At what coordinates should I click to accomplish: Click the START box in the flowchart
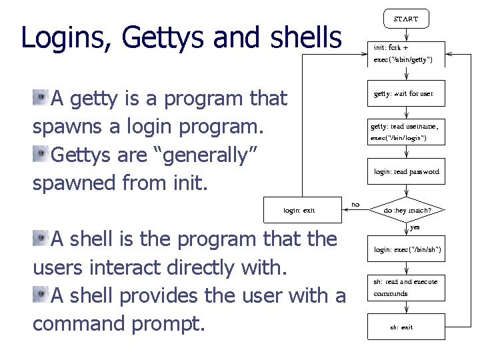click(x=406, y=19)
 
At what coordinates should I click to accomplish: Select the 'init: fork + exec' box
click(x=406, y=54)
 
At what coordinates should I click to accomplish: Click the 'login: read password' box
click(x=406, y=171)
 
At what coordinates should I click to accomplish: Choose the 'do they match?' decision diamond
click(x=407, y=211)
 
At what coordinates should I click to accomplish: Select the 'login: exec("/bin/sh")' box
click(x=406, y=249)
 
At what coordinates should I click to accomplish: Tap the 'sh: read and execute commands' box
click(x=406, y=287)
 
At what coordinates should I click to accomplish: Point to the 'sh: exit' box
click(x=406, y=327)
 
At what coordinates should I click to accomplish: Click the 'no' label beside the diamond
click(x=355, y=205)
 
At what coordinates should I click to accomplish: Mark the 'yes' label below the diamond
click(x=415, y=227)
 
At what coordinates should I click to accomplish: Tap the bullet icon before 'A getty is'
click(x=39, y=99)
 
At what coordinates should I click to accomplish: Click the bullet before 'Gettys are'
click(x=39, y=155)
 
